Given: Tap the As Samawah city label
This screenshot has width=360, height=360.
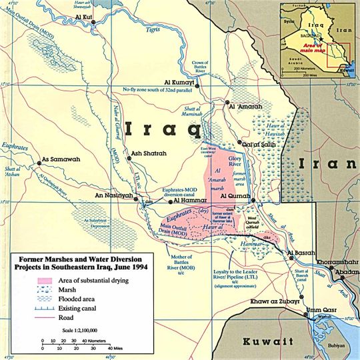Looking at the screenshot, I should (59, 159).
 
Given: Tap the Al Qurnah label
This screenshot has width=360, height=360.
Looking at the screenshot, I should (233, 197).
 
